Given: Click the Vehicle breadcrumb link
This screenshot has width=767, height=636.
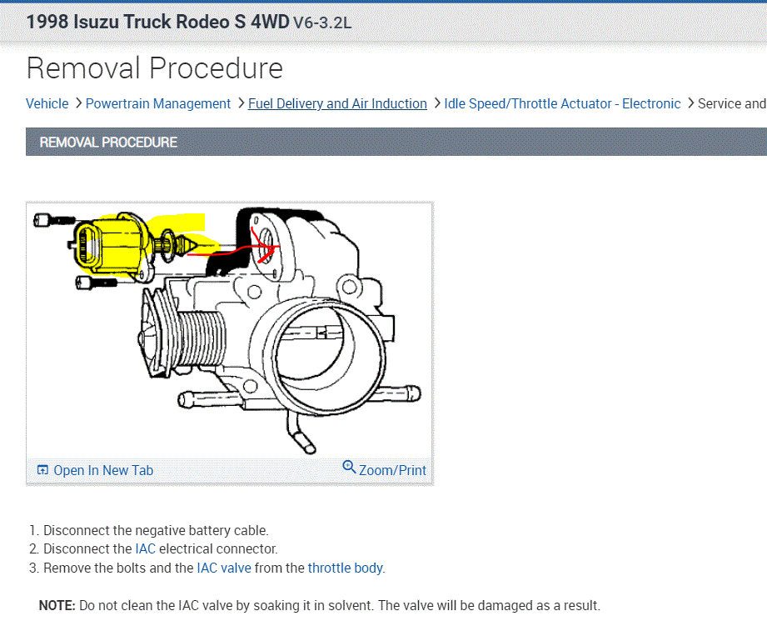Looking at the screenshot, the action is pos(47,104).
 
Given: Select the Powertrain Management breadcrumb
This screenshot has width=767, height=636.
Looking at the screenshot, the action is pos(158,104).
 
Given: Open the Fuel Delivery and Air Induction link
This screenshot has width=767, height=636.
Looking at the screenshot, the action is pos(337,104).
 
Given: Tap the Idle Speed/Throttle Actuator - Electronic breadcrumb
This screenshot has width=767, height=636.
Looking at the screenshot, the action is pos(562,104).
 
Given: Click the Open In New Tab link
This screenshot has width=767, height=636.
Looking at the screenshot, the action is pos(103,470).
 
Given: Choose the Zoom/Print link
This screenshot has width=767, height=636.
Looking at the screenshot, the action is pos(392,470).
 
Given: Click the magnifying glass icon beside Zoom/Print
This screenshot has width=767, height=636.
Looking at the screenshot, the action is pos(349,467).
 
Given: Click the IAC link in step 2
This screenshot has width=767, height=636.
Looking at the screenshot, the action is pos(145,548).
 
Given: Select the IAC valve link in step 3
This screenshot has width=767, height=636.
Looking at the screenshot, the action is pos(224,568).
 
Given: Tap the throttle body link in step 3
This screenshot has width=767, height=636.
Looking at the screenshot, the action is pos(346,568).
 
